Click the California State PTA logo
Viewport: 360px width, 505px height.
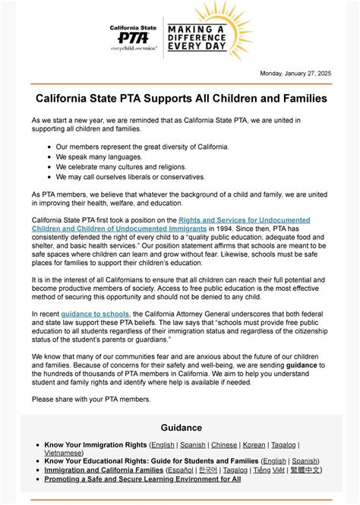click(133, 36)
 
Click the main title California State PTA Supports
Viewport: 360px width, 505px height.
click(182, 99)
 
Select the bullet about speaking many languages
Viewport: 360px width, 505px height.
click(99, 156)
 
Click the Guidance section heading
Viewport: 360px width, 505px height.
click(181, 428)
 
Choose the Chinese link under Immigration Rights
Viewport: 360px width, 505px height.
click(225, 444)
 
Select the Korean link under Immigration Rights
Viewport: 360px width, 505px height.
click(254, 444)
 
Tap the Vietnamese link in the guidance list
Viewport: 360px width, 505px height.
click(64, 453)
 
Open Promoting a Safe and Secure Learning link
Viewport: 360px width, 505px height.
click(142, 479)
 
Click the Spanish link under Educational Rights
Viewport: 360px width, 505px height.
click(305, 461)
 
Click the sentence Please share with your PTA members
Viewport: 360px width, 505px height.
click(91, 399)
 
